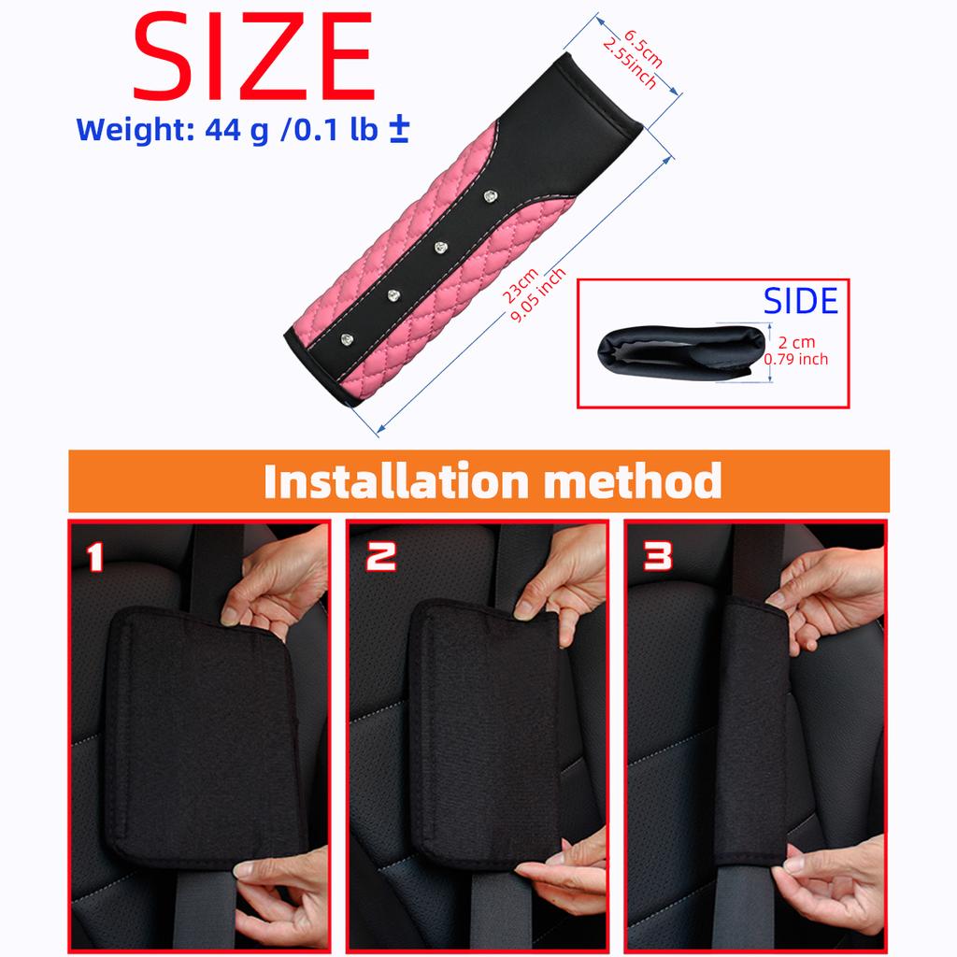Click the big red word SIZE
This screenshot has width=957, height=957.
pos(254,58)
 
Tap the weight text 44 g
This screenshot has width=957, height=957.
pos(235,129)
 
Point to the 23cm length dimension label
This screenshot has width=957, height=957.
pos(520,284)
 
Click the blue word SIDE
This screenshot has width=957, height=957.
pos(801,301)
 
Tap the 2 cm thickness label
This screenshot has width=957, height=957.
pos(796,343)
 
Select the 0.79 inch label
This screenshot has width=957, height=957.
pos(796,359)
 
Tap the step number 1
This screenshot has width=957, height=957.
pos(95,558)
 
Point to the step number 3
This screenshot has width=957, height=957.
pos(658,558)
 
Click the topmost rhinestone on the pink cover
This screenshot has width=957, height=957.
pos(490,196)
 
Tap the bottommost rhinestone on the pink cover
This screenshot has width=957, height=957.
pos(348,336)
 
